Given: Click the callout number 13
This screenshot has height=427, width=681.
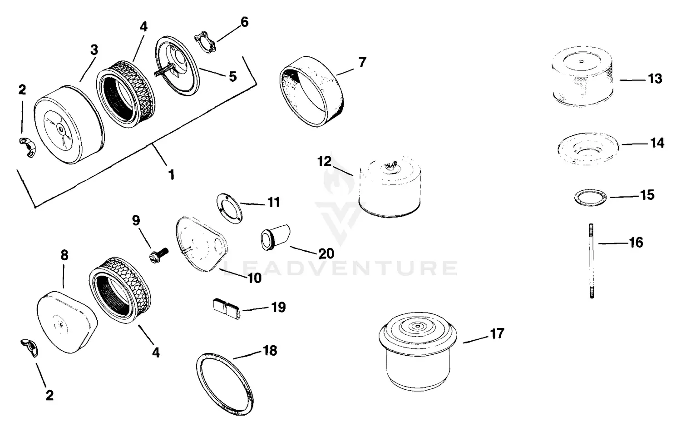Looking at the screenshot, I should [x=655, y=79].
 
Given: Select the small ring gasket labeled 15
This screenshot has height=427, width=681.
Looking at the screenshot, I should [x=590, y=198].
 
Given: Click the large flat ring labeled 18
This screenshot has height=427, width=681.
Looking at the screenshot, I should [x=225, y=382].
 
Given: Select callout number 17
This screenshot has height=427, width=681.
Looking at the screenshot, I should [x=497, y=334].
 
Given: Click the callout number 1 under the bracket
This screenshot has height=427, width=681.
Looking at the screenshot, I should [x=171, y=174].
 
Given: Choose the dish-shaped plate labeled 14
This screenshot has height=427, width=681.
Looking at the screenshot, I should [x=589, y=149].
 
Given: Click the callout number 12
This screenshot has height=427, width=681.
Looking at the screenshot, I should [x=325, y=161].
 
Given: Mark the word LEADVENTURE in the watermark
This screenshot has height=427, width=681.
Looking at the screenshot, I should [x=340, y=268].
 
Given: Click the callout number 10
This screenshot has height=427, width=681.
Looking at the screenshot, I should [x=254, y=278].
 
